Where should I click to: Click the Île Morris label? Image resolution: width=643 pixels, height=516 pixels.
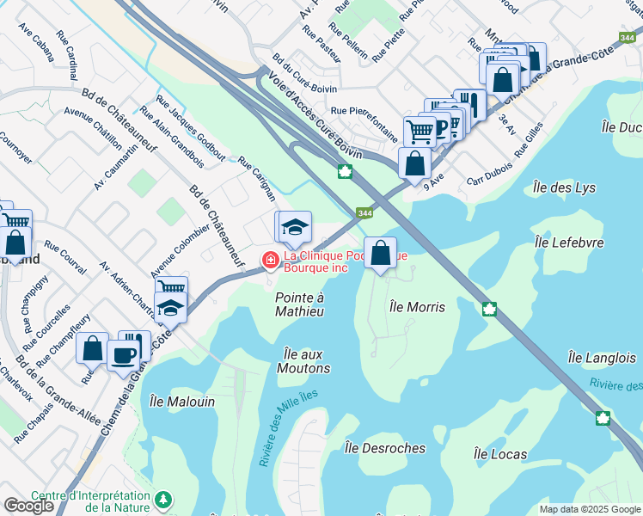[417, 306]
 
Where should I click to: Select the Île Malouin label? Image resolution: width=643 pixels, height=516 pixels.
[182, 401]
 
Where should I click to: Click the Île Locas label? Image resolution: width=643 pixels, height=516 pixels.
[501, 453]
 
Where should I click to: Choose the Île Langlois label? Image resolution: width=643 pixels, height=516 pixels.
[602, 357]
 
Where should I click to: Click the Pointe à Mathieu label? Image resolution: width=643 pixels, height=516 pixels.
[299, 304]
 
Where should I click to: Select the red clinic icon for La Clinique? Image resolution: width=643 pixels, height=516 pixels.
[270, 258]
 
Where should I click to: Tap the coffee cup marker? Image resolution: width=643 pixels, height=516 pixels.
[125, 353]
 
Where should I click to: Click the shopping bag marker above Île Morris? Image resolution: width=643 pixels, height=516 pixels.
[380, 253]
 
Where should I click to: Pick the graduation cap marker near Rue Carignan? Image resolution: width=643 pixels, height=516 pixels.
[293, 227]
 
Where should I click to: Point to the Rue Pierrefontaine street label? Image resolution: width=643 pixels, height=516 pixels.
[364, 111]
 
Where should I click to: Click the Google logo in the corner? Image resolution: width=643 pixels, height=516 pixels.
[28, 506]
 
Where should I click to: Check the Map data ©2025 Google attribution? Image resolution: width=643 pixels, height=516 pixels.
[590, 509]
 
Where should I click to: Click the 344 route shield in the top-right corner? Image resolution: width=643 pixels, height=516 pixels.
[630, 37]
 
